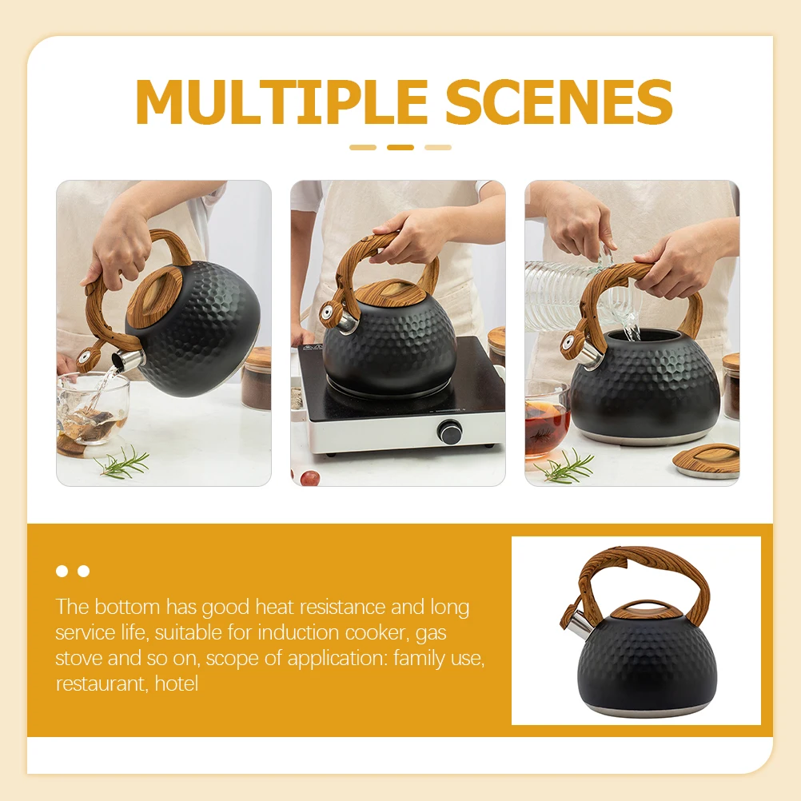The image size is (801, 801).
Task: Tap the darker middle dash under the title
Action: [x=400, y=147]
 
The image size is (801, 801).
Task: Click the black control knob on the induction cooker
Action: [x=448, y=433]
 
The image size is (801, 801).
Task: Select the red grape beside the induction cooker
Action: [x=309, y=477]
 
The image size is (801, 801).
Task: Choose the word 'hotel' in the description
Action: [x=177, y=684]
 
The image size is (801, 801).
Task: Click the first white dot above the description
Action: [x=62, y=571]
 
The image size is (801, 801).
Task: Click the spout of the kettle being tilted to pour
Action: [x=127, y=361]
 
